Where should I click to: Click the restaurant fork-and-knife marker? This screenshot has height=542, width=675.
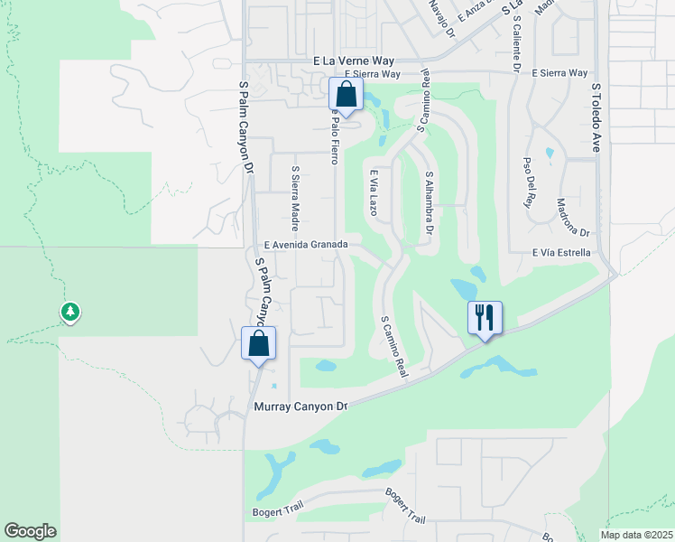[x=485, y=318]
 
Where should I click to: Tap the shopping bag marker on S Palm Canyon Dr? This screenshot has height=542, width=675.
[x=258, y=343]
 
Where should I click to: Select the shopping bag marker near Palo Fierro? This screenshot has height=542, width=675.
[x=345, y=94]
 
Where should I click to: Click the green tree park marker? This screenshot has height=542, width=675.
[x=70, y=313]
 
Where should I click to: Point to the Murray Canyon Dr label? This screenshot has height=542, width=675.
[x=301, y=407]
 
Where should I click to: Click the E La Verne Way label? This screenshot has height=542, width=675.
[x=355, y=61]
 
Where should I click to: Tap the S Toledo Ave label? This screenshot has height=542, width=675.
[x=596, y=117]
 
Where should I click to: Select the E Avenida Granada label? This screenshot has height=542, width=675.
[x=306, y=246]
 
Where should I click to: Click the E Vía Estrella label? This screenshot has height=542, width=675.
[x=561, y=253]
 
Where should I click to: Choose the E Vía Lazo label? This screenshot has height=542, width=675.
[x=372, y=191]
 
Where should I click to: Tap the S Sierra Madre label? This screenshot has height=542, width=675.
[x=294, y=192]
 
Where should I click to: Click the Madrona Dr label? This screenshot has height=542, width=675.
[x=573, y=217]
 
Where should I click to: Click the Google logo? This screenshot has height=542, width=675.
[x=30, y=531]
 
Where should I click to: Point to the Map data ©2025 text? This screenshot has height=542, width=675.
[x=635, y=535]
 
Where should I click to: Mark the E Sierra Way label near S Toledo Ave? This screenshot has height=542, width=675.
[x=559, y=73]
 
